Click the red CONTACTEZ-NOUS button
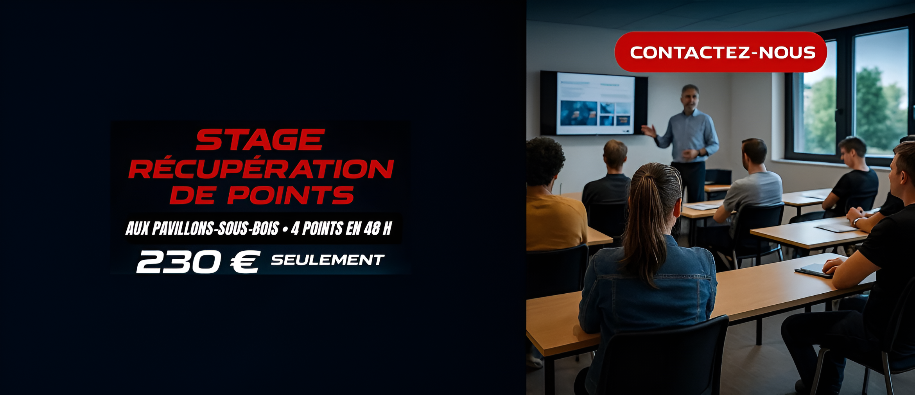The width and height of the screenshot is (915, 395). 721,52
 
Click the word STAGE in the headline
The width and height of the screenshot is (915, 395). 260,140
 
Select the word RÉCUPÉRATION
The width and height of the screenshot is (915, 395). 261,168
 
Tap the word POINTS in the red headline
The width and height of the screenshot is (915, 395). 291,195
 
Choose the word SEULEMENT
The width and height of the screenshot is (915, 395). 328,260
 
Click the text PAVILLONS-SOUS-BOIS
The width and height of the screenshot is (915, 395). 215,228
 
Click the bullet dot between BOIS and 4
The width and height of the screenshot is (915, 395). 285,229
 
